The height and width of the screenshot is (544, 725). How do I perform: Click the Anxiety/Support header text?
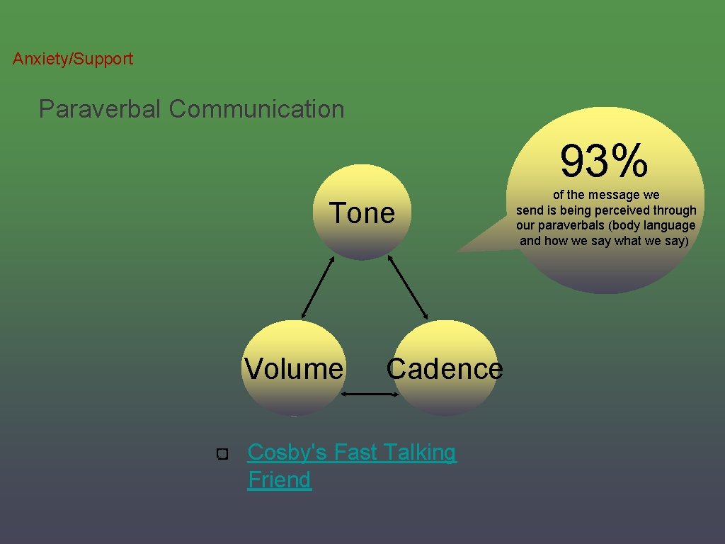72,59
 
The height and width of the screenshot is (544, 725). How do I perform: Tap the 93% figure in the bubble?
604,161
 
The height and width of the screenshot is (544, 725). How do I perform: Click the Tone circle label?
362,213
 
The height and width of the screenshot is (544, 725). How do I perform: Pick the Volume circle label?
293,369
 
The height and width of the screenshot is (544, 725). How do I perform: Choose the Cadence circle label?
445,369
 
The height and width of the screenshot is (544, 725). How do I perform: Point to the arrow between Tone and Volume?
318,286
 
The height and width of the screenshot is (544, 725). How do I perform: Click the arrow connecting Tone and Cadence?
409,286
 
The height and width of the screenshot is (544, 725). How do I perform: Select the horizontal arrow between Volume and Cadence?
370,394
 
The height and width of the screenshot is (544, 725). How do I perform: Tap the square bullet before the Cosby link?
222,453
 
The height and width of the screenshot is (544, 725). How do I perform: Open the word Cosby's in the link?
287,452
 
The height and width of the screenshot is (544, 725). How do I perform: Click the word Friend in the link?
280,480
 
